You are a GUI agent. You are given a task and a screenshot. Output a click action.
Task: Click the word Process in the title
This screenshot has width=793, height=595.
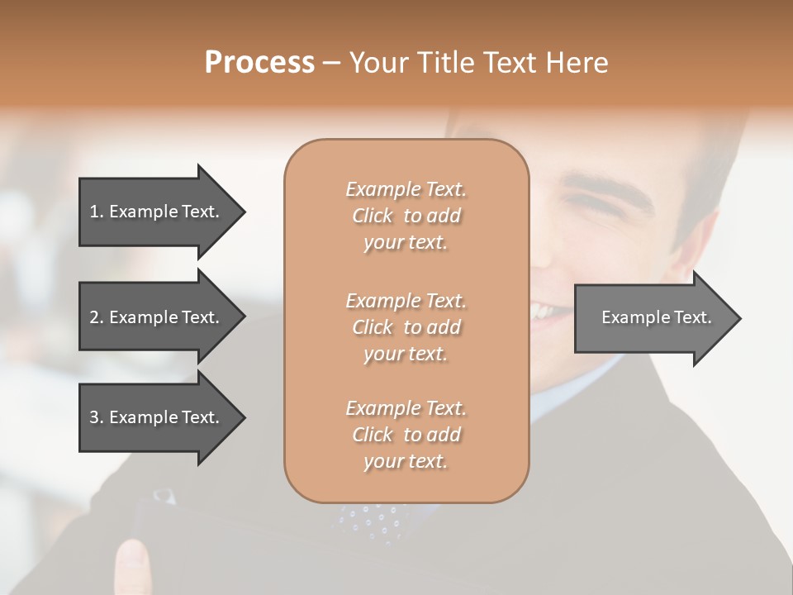click(259, 63)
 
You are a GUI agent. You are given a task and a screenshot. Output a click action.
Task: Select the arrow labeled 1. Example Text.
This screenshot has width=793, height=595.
click(154, 212)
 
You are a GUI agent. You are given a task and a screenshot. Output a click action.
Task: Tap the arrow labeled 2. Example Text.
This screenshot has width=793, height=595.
click(154, 317)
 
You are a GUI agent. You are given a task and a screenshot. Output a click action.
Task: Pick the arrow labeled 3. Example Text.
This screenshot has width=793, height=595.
click(154, 417)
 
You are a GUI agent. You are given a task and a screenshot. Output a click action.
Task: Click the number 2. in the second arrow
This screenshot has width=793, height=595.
click(96, 317)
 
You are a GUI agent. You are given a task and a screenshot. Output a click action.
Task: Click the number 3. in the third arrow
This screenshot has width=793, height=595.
click(96, 417)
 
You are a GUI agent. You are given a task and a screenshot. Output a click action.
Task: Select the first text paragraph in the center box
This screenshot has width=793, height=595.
click(406, 216)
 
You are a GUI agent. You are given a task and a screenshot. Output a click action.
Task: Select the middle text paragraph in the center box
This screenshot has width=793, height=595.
click(406, 327)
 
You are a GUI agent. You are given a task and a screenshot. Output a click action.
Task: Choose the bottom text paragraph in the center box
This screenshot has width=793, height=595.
click(406, 435)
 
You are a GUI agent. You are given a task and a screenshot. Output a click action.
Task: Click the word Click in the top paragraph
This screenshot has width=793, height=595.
click(373, 217)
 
